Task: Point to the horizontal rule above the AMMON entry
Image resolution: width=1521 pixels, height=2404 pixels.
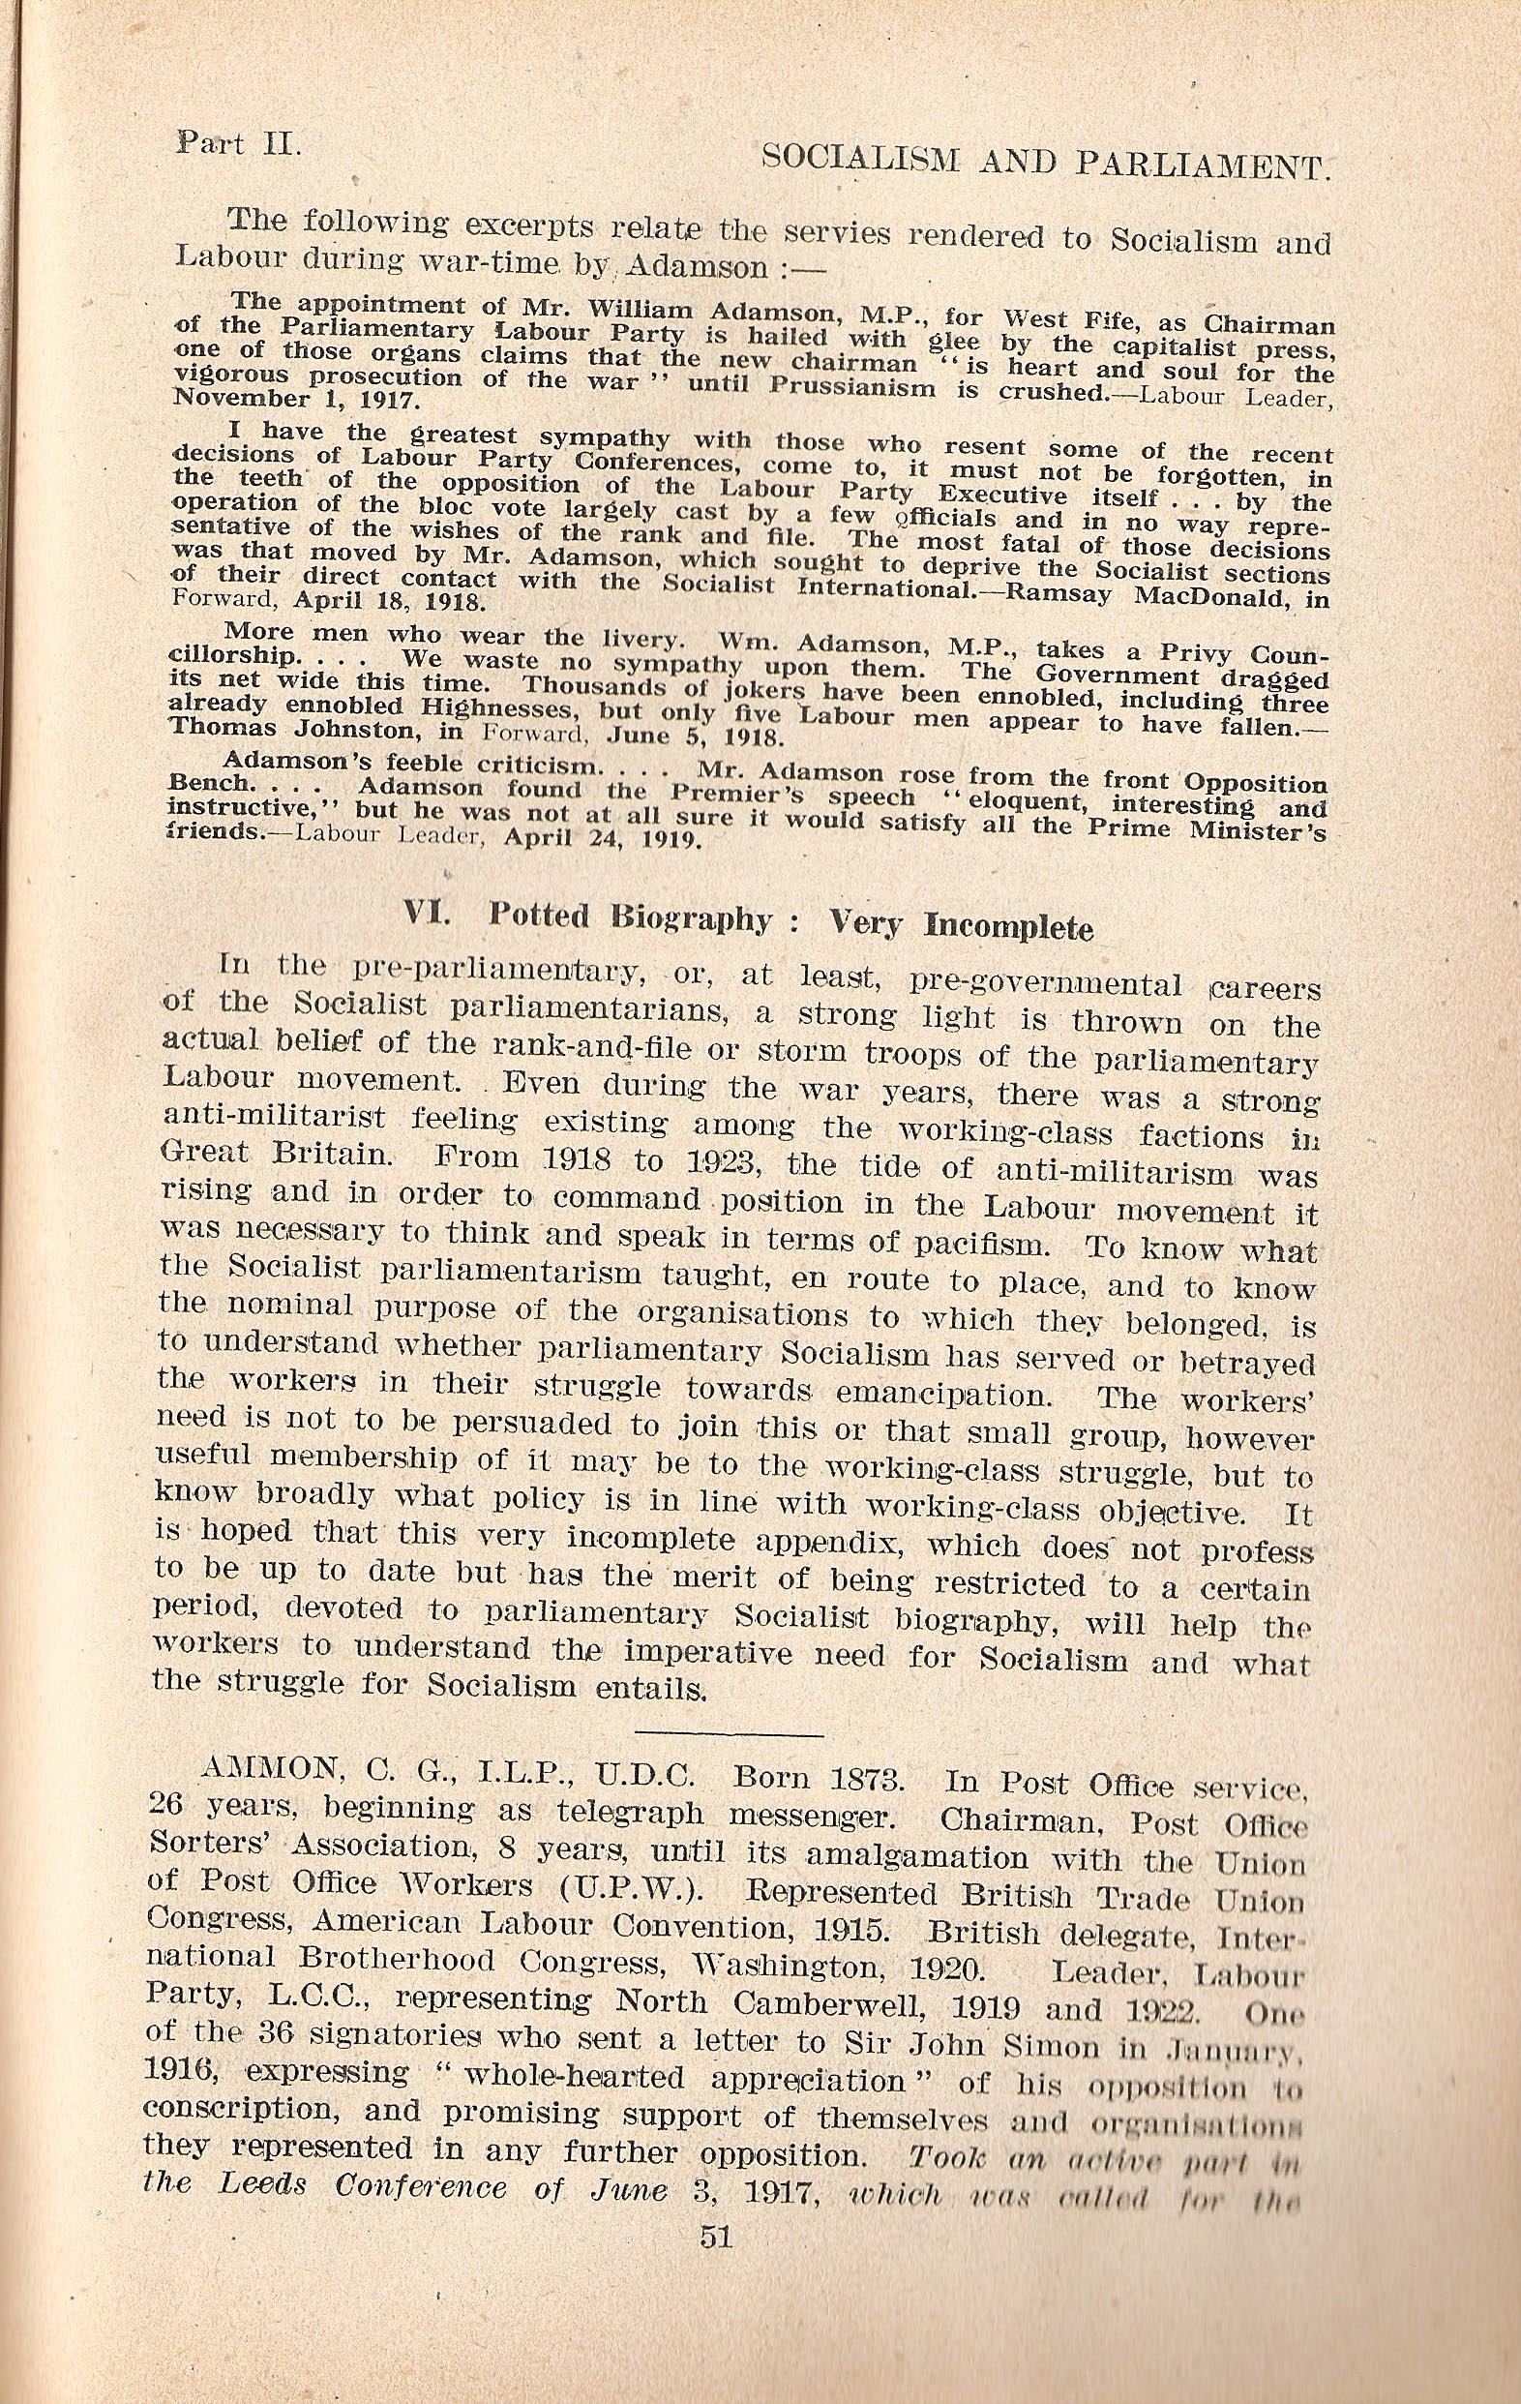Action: coord(712,1759)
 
